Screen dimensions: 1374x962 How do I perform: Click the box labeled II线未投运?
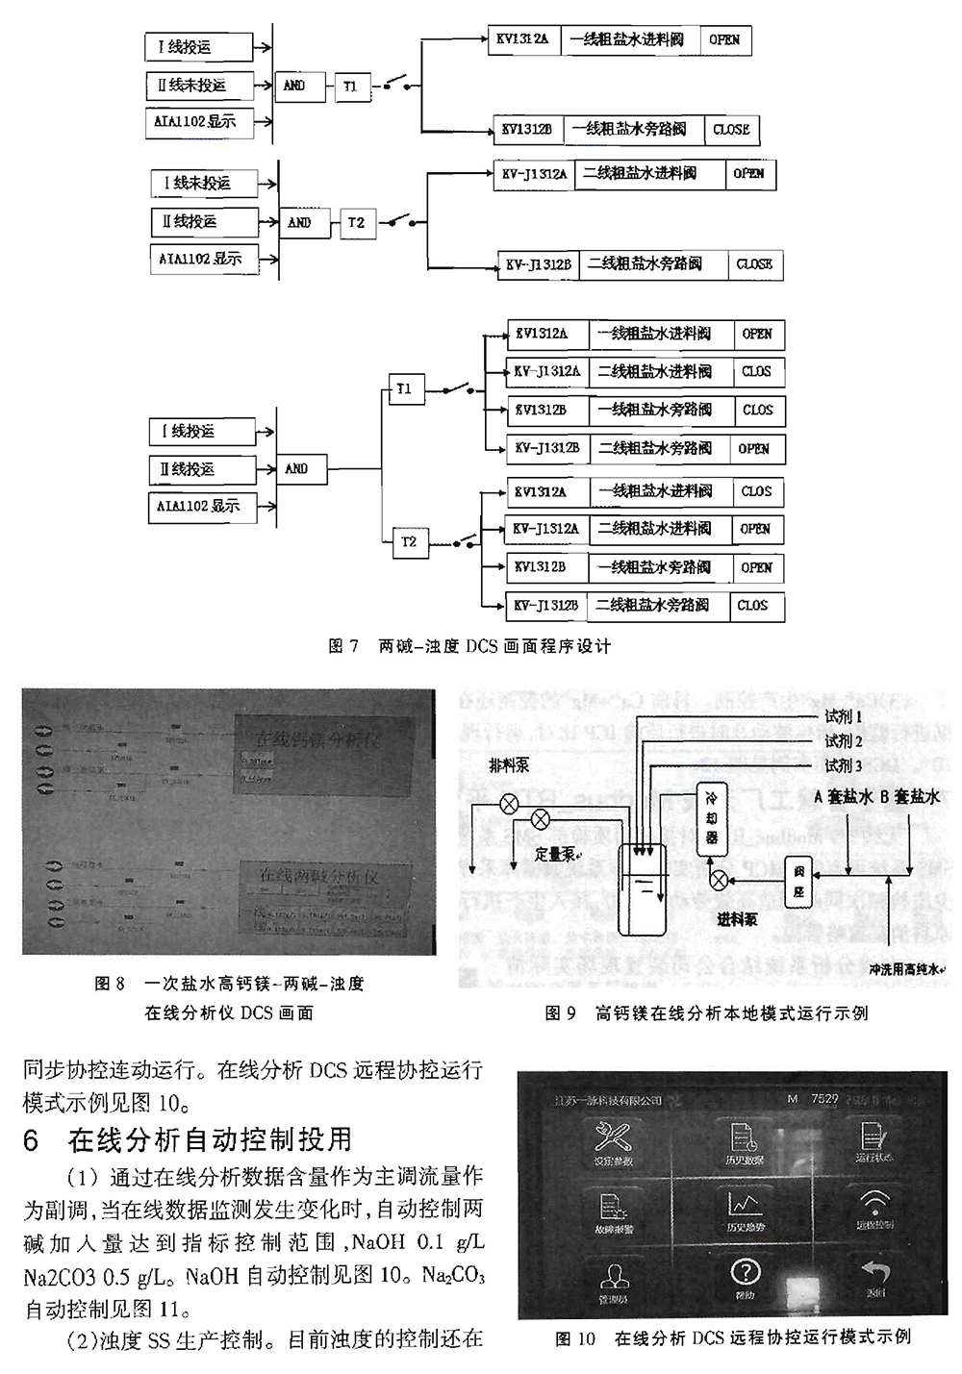point(200,85)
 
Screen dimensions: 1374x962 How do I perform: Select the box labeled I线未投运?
point(204,183)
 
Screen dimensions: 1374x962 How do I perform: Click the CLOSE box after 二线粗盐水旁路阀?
point(754,264)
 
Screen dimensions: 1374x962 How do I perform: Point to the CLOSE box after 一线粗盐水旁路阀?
point(731,130)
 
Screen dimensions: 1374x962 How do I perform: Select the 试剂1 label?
point(844,716)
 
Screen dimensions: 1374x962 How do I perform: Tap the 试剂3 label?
point(844,765)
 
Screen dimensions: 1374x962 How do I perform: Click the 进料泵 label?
point(737,919)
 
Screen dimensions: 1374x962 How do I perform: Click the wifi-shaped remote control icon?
point(874,1204)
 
